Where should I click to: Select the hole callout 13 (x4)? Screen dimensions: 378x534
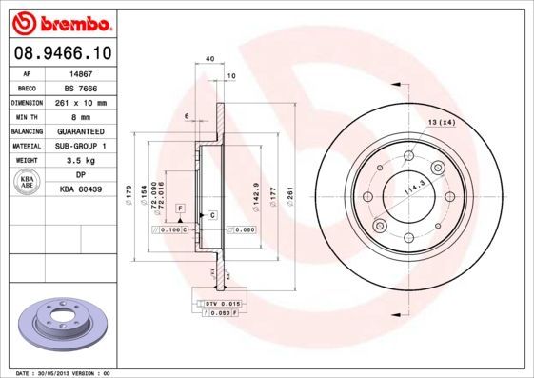pyautogui.click(x=441, y=123)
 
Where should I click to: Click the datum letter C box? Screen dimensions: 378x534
pyautogui.click(x=211, y=216)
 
